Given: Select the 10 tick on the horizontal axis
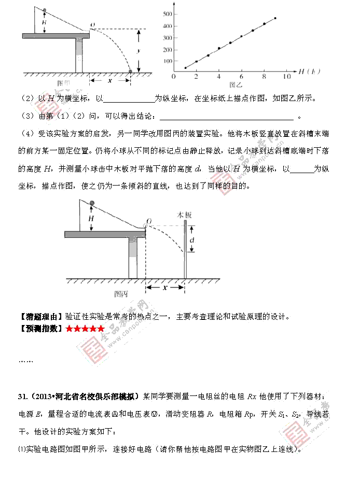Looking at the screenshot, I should (x=286, y=77).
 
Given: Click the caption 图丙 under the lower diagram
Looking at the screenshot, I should (x=121, y=293).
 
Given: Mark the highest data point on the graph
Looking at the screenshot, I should (x=275, y=19).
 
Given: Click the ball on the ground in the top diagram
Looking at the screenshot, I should (x=130, y=71).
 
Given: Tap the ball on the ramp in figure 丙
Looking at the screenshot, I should (x=92, y=203).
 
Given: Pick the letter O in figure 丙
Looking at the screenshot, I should (x=148, y=221).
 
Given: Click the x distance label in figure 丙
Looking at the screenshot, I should (x=165, y=287).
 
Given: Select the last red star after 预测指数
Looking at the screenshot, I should (x=101, y=329).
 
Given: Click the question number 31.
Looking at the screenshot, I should (x=23, y=397).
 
